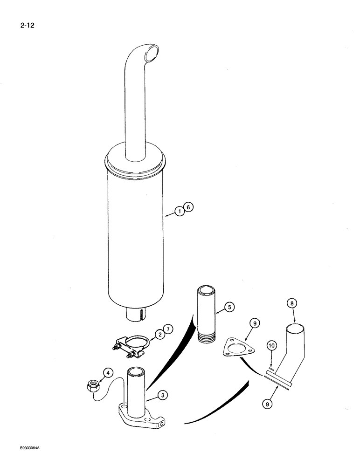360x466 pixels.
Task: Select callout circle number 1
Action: pyautogui.click(x=180, y=212)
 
